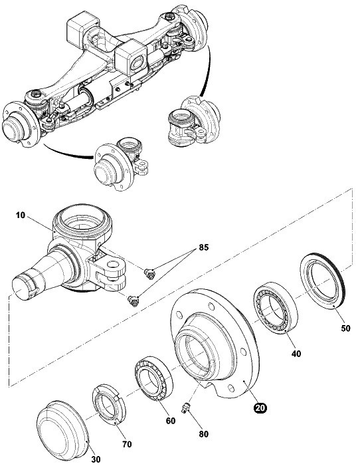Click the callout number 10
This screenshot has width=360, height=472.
(x=21, y=215)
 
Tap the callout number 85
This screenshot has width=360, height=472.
(x=204, y=247)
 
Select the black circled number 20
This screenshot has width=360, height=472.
(x=260, y=408)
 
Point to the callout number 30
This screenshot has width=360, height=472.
(x=96, y=459)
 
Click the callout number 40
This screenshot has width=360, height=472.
(x=296, y=354)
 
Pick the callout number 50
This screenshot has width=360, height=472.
(x=345, y=328)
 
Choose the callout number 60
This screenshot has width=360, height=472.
(x=171, y=421)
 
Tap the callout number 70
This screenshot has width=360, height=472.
(x=127, y=444)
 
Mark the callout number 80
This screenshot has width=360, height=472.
(x=204, y=433)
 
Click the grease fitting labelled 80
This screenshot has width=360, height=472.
(x=185, y=408)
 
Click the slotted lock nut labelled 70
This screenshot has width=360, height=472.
(x=109, y=405)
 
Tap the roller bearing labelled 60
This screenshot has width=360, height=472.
(x=153, y=378)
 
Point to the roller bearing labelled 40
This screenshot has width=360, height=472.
(x=276, y=307)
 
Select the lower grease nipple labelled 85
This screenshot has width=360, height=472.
(x=133, y=300)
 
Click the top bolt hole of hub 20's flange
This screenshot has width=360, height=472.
(x=211, y=306)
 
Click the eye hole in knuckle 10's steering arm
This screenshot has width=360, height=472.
(x=113, y=265)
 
